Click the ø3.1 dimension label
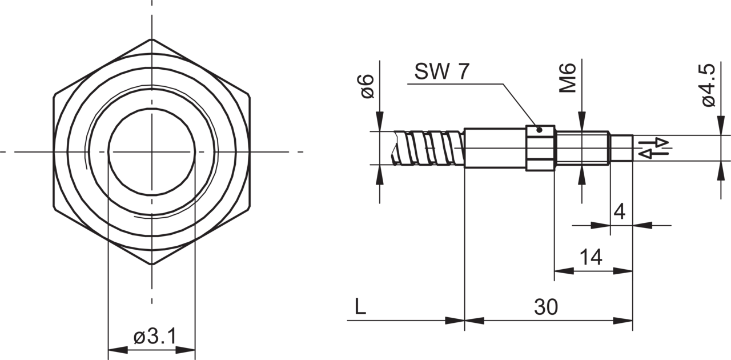pos(155,337)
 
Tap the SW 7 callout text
pos(442,71)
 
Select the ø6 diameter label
pos(367,86)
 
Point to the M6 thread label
pos(568,78)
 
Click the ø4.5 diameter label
pos(709,85)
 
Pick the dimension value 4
pos(620,211)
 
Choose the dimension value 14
pos(591,257)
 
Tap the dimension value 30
pos(546,307)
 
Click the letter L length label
pos(360,307)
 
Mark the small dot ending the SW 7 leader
pos(540,130)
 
